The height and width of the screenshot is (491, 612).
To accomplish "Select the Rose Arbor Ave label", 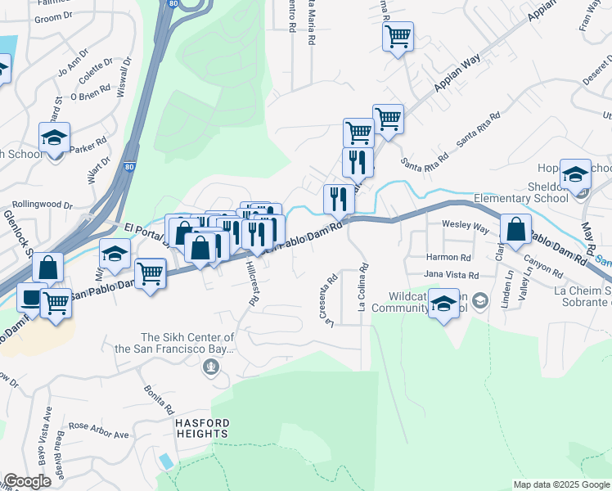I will [99, 430].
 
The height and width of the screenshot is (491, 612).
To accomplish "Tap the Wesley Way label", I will [465, 224].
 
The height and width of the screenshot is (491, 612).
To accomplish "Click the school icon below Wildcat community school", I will [443, 304].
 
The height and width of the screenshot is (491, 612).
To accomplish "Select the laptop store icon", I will [32, 298].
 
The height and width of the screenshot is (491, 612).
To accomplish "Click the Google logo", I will [27, 481].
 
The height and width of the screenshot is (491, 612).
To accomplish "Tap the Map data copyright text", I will [561, 484].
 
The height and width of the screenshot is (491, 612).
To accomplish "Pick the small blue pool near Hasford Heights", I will [168, 461].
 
